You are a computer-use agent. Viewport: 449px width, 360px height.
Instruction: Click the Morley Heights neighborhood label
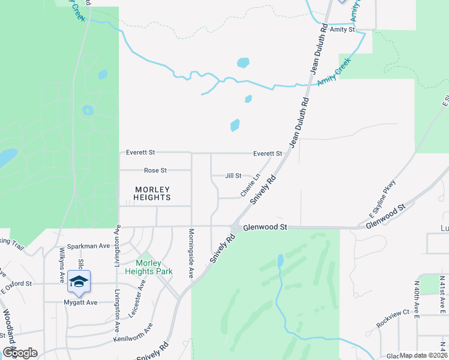tap(152, 193)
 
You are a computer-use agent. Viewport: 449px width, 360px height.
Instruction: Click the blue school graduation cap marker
tap(79, 281)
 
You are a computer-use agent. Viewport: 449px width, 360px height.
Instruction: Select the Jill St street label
tap(233, 176)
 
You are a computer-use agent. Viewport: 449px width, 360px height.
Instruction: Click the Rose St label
tap(155, 170)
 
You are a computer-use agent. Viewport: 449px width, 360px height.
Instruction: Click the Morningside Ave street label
tap(191, 253)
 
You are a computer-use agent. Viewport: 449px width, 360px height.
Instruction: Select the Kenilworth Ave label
tap(133, 332)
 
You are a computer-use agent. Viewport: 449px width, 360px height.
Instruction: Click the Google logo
tap(20, 353)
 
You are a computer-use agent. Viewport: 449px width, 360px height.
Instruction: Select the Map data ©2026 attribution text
tap(424, 355)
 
